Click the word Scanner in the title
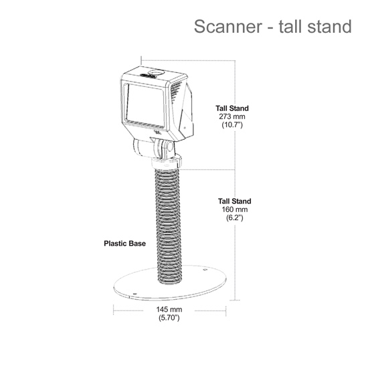point(228,26)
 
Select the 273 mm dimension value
point(232,116)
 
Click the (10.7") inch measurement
point(232,124)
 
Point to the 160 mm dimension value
point(234,209)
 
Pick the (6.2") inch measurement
point(234,217)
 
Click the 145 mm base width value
point(169,309)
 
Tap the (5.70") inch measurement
point(169,318)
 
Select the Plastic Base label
point(124,244)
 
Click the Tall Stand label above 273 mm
point(232,108)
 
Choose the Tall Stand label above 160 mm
point(234,201)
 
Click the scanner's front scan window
point(145,104)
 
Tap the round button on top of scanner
point(156,72)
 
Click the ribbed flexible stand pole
point(168,226)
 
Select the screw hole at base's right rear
point(205,270)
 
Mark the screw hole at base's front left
point(134,294)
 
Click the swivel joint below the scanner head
point(154,149)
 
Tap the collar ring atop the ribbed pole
point(166,163)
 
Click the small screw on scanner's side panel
point(185,128)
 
